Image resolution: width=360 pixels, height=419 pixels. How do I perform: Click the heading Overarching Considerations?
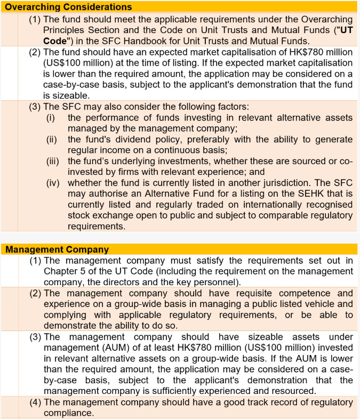point(69,7)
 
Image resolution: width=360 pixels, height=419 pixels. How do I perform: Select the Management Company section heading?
point(57,249)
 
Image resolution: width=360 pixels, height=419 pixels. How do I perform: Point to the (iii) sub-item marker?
point(52,160)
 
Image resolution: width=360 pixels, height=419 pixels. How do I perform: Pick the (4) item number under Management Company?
point(36,402)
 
